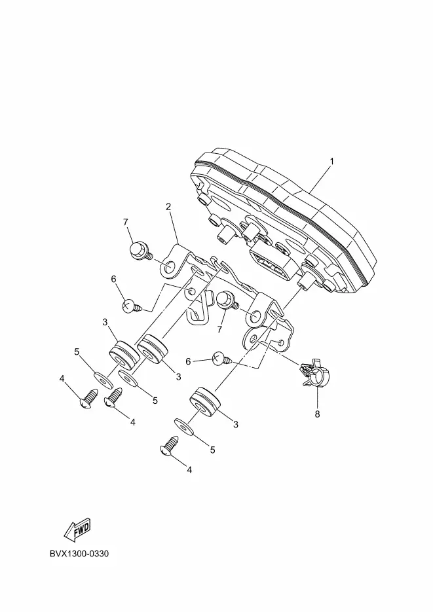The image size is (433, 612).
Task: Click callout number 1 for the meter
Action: [332, 161]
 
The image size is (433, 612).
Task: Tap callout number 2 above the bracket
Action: [168, 207]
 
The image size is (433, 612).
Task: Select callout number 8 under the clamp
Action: [317, 414]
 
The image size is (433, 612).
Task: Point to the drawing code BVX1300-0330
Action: [79, 554]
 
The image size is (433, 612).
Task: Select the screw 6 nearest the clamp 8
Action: [221, 357]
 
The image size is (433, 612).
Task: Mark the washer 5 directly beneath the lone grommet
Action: [187, 426]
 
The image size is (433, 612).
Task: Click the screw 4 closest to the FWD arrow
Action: [90, 398]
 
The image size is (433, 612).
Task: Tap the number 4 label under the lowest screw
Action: [189, 469]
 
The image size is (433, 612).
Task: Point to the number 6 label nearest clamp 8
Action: [187, 361]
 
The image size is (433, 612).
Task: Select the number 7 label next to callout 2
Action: [125, 222]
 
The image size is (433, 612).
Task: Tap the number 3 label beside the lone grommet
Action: [236, 424]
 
